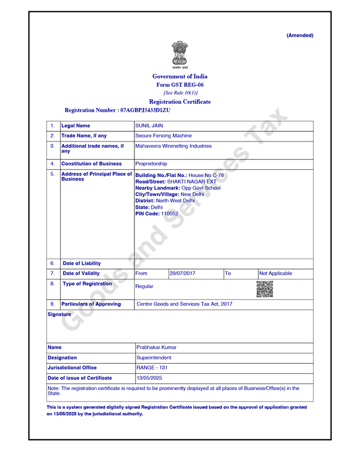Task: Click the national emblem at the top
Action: pos(179,55)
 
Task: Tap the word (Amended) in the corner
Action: pos(299,35)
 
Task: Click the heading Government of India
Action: pos(179,76)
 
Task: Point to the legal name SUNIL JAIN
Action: pos(149,126)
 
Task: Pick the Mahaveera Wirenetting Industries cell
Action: pos(173,146)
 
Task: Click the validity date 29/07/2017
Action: pos(183,273)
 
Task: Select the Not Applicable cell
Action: pos(275,273)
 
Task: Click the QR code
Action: pos(264,289)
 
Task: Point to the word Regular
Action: pos(144,287)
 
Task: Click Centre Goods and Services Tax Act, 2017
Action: pos(184,304)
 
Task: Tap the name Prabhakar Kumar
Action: pos(157,347)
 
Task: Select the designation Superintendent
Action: pos(154,357)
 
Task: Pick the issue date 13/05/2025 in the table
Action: pos(149,378)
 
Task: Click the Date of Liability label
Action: pos(82,263)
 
